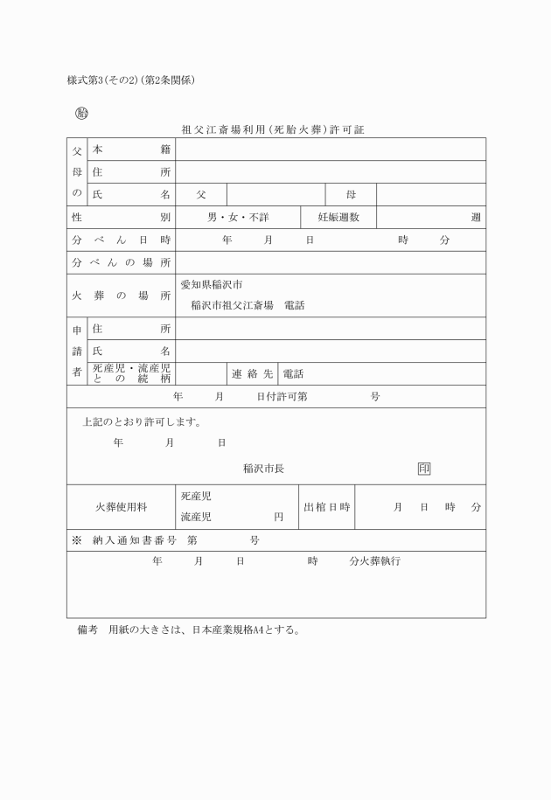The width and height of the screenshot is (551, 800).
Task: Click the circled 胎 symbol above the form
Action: (81, 113)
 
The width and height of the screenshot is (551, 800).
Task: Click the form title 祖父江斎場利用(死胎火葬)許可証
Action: (272, 129)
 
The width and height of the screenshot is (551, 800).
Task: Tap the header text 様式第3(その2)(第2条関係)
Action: (130, 80)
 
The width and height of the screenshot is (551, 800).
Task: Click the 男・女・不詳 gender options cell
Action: (238, 218)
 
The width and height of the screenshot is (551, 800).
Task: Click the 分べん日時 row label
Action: (121, 240)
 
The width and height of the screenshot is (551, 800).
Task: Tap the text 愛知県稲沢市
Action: (211, 285)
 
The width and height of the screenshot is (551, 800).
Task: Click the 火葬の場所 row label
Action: (121, 296)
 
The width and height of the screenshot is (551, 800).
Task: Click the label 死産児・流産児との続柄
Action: (131, 374)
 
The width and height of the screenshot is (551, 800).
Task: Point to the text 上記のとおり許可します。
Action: (142, 421)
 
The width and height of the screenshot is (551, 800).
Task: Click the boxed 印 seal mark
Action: (424, 469)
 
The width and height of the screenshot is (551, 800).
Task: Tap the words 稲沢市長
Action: (263, 469)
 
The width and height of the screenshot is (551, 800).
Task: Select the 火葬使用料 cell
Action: (121, 507)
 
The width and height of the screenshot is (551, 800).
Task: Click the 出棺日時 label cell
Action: (327, 507)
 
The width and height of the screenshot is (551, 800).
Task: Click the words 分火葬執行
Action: (374, 561)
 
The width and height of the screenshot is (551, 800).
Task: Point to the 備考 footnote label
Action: (87, 630)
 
